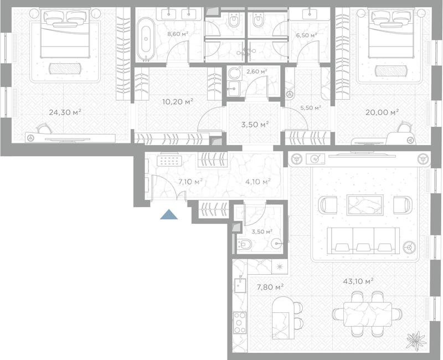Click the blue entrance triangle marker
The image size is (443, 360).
pyautogui.click(x=169, y=215)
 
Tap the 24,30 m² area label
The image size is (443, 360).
pyautogui.click(x=65, y=112)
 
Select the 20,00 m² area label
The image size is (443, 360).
pyautogui.click(x=382, y=112)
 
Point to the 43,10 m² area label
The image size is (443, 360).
pyautogui.click(x=358, y=281)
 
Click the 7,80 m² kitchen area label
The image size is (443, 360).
pyautogui.click(x=270, y=287)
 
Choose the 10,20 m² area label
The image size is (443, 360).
pyautogui.click(x=178, y=101)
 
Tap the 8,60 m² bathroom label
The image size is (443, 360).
pyautogui.click(x=178, y=34)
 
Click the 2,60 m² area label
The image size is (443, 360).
pyautogui.click(x=257, y=71)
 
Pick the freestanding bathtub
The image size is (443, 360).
pyautogui.click(x=146, y=40)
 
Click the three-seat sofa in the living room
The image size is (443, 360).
pyautogui.click(x=363, y=240)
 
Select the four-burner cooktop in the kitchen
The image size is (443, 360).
pyautogui.click(x=240, y=322)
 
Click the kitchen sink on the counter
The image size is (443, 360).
pyautogui.click(x=240, y=284)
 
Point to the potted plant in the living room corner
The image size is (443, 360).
pyautogui.click(x=416, y=341)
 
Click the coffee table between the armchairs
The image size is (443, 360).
pyautogui.click(x=365, y=204)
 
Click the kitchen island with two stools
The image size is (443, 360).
pyautogui.click(x=286, y=318)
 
